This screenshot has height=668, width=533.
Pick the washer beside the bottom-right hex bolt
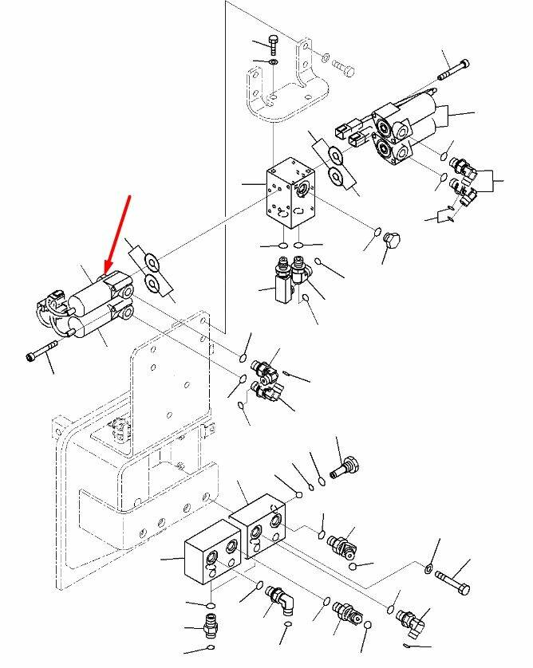coord(428,568)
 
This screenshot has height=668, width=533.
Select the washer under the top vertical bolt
coord(273,61)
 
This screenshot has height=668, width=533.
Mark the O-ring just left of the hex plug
coord(376,232)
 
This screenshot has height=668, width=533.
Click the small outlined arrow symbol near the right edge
coord(444,214)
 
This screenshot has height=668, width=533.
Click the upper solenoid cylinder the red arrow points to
coord(93,294)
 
